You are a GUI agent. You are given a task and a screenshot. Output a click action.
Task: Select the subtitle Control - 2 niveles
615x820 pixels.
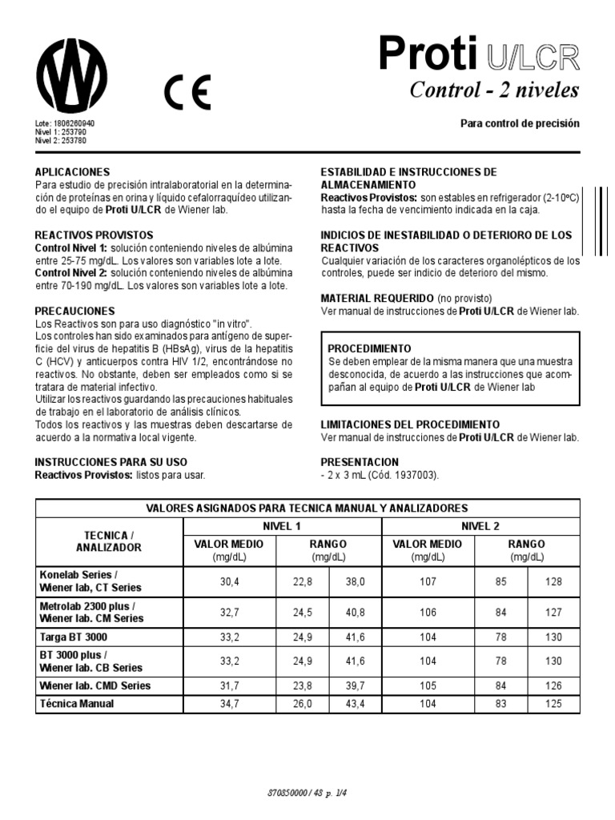[493, 90]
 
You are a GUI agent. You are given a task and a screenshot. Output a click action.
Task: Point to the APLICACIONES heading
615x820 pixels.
[71, 172]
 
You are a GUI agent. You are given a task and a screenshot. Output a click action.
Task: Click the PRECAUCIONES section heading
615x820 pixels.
[75, 311]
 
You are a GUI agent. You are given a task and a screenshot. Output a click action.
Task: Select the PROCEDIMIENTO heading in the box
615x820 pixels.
[370, 349]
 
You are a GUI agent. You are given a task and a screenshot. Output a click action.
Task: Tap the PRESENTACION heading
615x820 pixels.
[360, 462]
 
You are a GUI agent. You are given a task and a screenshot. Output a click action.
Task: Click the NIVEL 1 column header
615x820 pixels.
[282, 526]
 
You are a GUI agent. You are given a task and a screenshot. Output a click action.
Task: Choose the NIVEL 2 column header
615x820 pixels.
[480, 526]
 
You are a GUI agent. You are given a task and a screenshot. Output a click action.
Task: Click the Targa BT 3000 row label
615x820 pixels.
[74, 637]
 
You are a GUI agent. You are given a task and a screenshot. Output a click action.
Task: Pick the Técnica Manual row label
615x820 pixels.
[77, 704]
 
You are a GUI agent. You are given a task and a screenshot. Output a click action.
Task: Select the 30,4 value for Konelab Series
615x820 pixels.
[230, 581]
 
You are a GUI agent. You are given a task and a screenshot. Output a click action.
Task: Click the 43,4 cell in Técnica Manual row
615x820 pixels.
[355, 704]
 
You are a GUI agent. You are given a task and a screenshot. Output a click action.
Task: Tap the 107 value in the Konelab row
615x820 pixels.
[428, 581]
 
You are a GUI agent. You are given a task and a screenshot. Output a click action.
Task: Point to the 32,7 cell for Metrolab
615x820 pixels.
[230, 613]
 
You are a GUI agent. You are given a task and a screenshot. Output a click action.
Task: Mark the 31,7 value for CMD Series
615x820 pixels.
[230, 686]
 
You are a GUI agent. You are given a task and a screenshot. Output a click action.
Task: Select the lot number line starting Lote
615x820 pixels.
[65, 124]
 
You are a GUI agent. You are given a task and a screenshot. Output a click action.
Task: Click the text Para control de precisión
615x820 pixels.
[519, 124]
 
